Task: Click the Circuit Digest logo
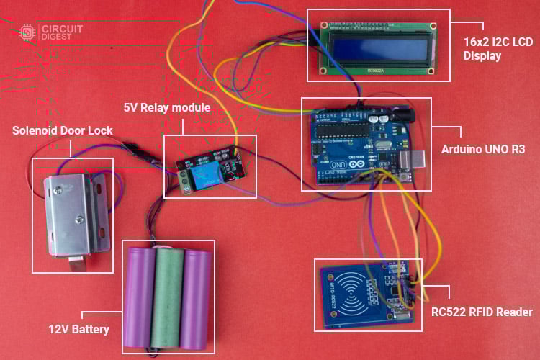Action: [x=50, y=32]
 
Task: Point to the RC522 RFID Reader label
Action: [x=482, y=312]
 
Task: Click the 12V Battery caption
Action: [x=79, y=330]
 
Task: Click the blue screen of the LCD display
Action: [x=376, y=47]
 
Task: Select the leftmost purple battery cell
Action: [x=140, y=297]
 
